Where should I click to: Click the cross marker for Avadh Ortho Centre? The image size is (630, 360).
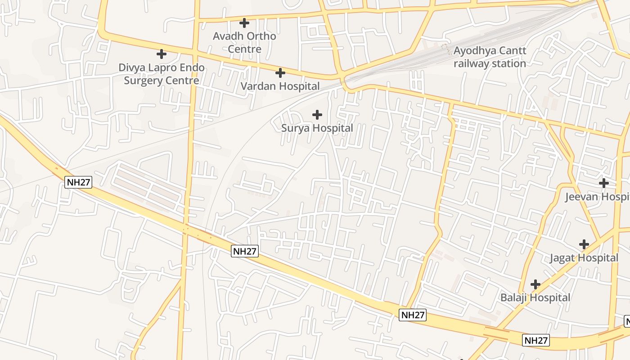pyautogui.click(x=244, y=22)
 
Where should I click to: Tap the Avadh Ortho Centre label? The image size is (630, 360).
pyautogui.click(x=244, y=42)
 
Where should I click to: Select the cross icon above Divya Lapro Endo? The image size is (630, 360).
pyautogui.click(x=161, y=54)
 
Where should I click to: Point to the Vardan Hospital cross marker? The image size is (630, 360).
pyautogui.click(x=280, y=72)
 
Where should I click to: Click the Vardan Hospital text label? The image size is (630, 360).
pyautogui.click(x=280, y=86)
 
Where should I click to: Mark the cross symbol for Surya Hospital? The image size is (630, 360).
pyautogui.click(x=317, y=115)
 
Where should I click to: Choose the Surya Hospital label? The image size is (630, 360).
pyautogui.click(x=317, y=128)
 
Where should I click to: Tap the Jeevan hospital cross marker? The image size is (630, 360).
pyautogui.click(x=603, y=183)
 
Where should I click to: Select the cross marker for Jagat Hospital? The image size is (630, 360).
pyautogui.click(x=584, y=244)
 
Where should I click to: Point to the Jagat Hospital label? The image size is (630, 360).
pyautogui.click(x=584, y=258)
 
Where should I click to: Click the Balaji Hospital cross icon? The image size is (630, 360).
pyautogui.click(x=535, y=284)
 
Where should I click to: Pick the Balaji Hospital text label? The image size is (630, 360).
pyautogui.click(x=535, y=298)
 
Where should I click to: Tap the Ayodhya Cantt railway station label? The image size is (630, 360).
pyautogui.click(x=490, y=57)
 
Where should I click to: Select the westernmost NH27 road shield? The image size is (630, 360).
pyautogui.click(x=78, y=182)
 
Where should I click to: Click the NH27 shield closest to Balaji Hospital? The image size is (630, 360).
pyautogui.click(x=535, y=340)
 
